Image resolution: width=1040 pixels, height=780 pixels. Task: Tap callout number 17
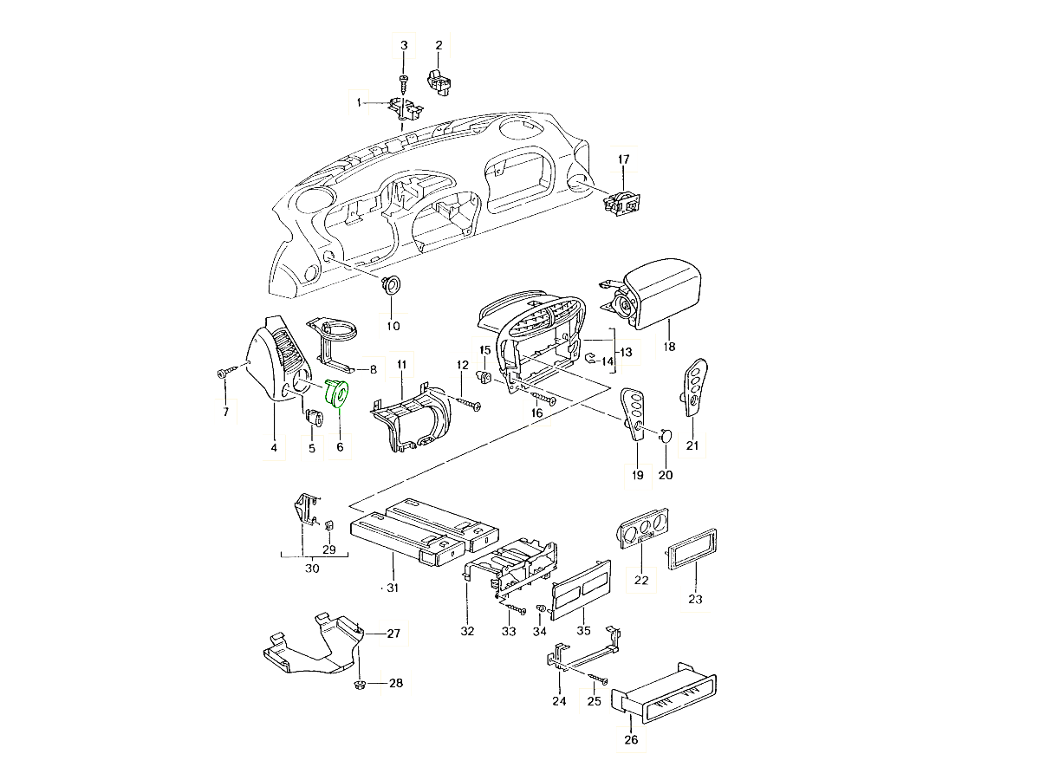623,159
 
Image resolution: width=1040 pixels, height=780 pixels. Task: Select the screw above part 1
404,84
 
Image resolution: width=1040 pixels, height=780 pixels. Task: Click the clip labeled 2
439,81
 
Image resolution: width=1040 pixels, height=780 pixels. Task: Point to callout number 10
393,326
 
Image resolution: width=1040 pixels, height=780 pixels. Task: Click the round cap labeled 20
666,434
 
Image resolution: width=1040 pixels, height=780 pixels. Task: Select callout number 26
631,739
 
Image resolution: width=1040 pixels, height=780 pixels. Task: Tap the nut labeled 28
360,684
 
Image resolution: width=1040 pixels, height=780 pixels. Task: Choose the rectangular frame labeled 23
692,549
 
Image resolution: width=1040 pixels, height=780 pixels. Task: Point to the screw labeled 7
227,372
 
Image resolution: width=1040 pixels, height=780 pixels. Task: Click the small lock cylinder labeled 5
314,418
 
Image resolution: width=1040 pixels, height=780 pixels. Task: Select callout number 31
393,588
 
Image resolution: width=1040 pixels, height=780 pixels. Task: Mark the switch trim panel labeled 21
695,387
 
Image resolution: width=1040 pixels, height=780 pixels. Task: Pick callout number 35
583,630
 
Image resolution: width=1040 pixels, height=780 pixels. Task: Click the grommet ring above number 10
391,286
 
